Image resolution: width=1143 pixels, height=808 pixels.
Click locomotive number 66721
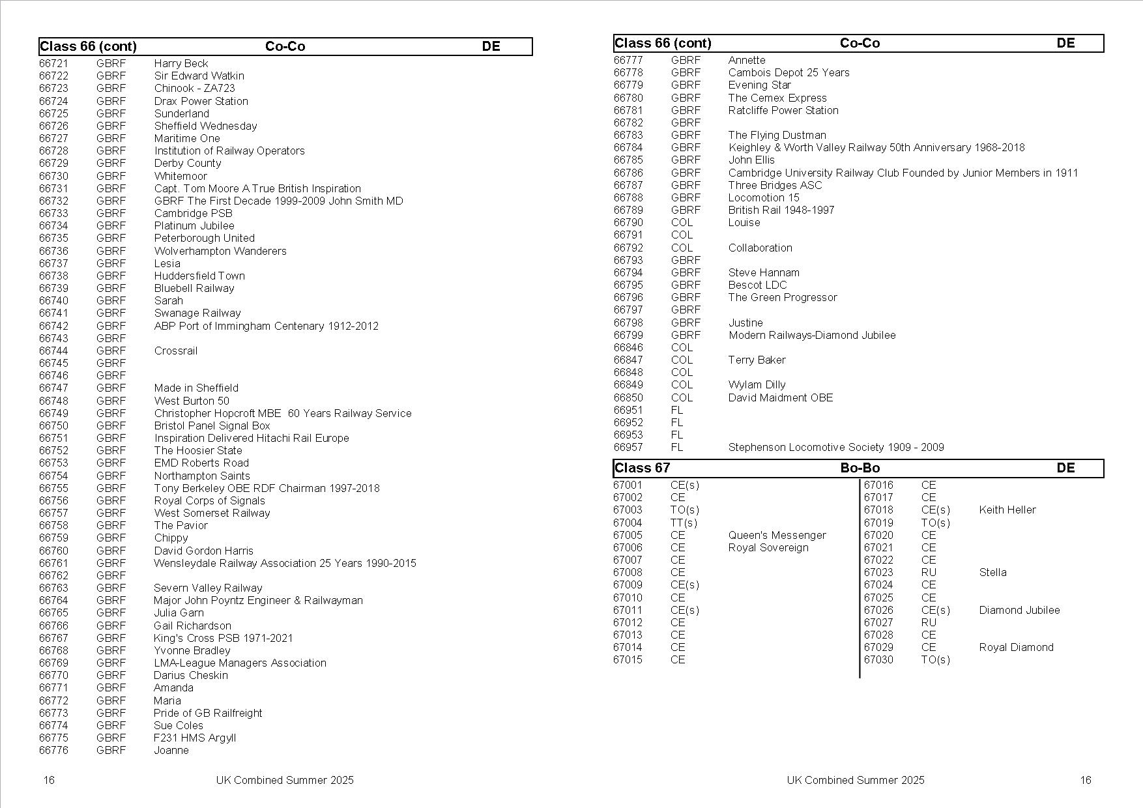click(53, 63)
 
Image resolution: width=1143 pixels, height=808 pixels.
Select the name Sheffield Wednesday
click(205, 126)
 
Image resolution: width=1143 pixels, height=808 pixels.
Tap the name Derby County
click(188, 163)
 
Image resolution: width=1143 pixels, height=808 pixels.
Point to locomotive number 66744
click(53, 351)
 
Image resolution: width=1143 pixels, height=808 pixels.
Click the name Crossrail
click(175, 351)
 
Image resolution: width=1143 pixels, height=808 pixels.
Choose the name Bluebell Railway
click(194, 288)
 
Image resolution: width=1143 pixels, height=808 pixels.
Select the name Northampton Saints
click(202, 476)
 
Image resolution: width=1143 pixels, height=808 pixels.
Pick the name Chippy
click(171, 538)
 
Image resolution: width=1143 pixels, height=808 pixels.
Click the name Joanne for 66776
click(171, 750)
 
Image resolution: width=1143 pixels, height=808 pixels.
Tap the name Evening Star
click(759, 85)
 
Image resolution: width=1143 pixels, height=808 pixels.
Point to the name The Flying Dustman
click(777, 135)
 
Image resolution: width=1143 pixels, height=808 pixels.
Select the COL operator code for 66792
click(682, 248)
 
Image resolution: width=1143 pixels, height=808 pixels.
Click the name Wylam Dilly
click(757, 384)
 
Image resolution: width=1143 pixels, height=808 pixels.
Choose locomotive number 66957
click(628, 447)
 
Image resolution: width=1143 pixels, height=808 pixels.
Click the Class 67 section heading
click(642, 468)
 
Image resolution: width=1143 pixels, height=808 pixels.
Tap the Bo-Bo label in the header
click(860, 468)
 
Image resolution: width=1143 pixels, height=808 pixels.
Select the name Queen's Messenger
click(777, 535)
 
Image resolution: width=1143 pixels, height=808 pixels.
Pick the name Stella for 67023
click(992, 572)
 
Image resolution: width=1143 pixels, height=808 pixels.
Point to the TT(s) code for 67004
click(684, 523)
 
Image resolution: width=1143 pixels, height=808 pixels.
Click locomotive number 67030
click(878, 659)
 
